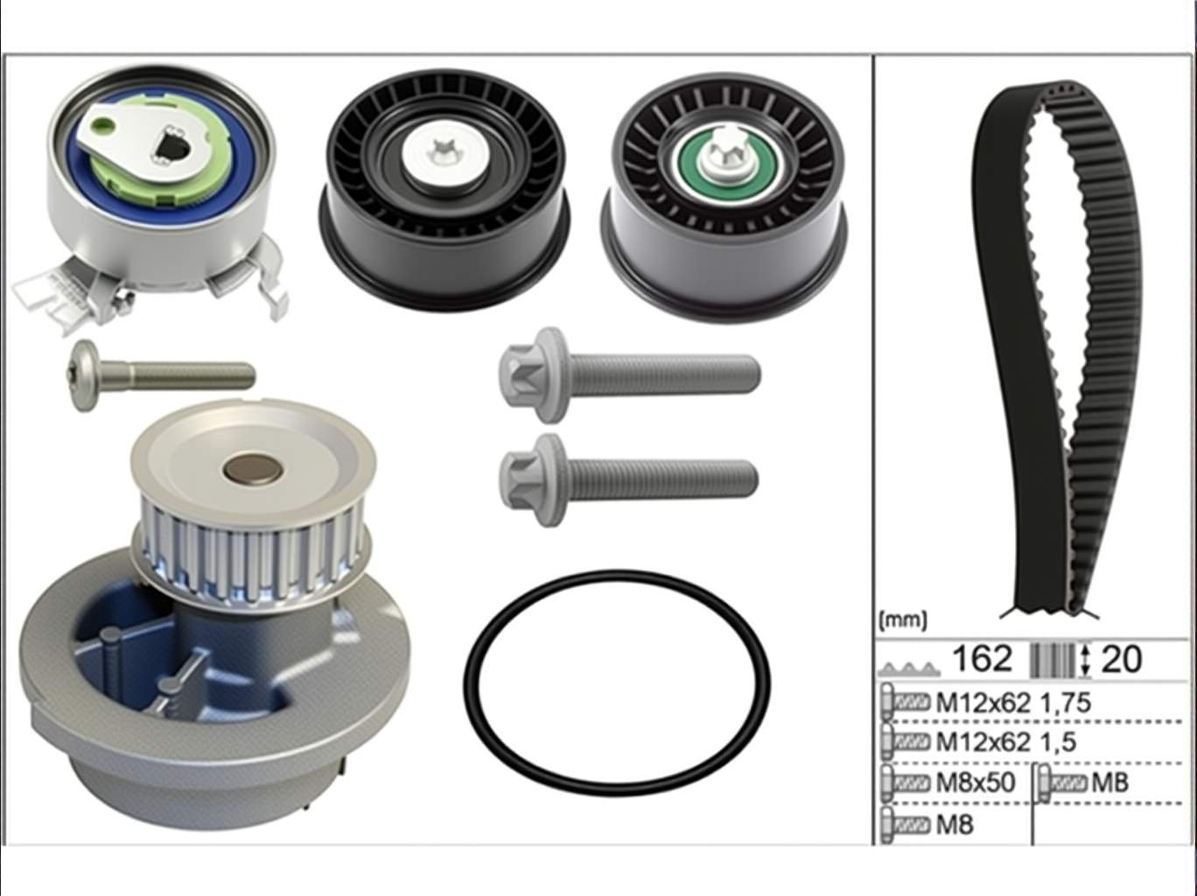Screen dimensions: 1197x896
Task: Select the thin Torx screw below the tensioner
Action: [x=161, y=375]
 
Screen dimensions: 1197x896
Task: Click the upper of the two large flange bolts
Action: [x=629, y=374]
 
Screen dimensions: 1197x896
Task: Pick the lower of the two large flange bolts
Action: [x=628, y=479]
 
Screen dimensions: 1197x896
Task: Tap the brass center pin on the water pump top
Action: [x=252, y=468]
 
